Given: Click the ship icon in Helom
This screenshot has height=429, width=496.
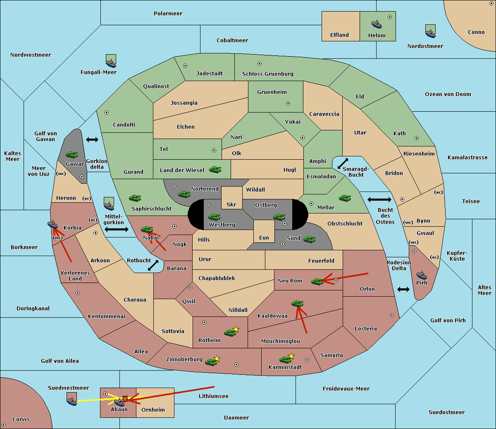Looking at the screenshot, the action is pyautogui.click(x=377, y=24).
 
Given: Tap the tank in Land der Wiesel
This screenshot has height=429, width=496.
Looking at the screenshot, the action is pyautogui.click(x=215, y=170).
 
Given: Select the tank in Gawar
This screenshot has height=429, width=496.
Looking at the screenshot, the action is pyautogui.click(x=72, y=154).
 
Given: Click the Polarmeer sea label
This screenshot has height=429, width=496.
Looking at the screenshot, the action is pyautogui.click(x=168, y=14).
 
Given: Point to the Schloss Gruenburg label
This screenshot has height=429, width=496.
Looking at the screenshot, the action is pyautogui.click(x=268, y=74).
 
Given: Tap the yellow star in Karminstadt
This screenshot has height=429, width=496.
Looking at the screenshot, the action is pyautogui.click(x=291, y=356).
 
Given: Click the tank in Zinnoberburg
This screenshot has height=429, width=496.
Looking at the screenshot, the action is pyautogui.click(x=211, y=362).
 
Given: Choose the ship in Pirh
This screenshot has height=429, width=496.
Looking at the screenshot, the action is pyautogui.click(x=422, y=275).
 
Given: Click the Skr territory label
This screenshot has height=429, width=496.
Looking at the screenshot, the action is pyautogui.click(x=231, y=204).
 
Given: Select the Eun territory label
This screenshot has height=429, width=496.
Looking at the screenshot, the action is pyautogui.click(x=264, y=237).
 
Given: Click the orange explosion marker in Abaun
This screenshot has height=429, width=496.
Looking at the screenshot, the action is pyautogui.click(x=125, y=399).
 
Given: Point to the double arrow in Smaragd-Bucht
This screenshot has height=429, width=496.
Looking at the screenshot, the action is pyautogui.click(x=343, y=163).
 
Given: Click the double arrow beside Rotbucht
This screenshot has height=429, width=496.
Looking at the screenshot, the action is pyautogui.click(x=153, y=265).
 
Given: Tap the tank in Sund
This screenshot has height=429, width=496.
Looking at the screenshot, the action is pyautogui.click(x=309, y=240).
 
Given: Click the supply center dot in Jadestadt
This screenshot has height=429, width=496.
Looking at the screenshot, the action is pyautogui.click(x=185, y=66).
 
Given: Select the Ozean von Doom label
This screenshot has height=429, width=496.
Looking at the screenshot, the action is pyautogui.click(x=448, y=94).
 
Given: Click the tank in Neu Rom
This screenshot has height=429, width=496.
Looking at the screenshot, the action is pyautogui.click(x=317, y=281).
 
